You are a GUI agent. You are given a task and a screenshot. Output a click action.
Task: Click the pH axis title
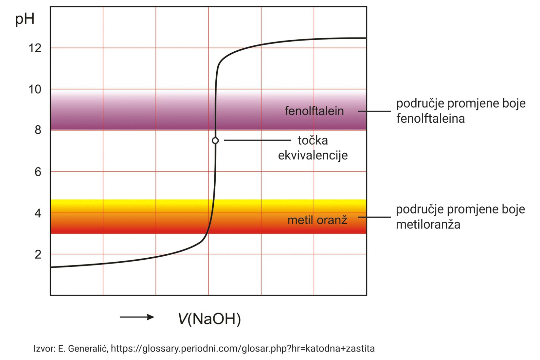tap(25, 19)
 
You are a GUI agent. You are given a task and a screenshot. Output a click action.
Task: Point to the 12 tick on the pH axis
tap(35, 48)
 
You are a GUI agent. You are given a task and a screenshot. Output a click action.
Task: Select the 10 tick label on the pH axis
tap(35, 89)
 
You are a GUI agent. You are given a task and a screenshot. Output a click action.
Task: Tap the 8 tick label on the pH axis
tap(38, 130)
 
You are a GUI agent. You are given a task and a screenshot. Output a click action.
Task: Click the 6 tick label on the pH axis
tap(38, 172)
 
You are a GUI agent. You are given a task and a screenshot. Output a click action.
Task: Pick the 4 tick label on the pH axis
tap(38, 213)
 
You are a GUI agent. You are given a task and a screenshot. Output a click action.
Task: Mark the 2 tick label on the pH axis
tap(38, 254)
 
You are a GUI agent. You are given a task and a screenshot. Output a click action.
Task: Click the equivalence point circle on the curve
tap(215, 141)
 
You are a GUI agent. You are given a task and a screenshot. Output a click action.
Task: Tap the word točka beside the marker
tap(313, 140)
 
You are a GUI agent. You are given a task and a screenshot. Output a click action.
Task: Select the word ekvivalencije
tap(313, 155)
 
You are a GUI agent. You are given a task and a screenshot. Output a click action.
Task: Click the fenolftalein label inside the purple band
tap(314, 111)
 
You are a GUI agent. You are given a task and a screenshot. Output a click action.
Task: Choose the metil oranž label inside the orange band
tap(317, 220)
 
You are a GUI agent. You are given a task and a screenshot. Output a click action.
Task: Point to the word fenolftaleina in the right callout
tap(430, 118)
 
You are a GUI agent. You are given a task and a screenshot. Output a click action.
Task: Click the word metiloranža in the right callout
tap(428, 225)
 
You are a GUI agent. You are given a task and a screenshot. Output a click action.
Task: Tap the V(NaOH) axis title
tap(209, 318)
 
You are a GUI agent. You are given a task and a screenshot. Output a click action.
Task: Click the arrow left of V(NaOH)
tap(137, 317)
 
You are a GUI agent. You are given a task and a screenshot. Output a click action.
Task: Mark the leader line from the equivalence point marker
tap(257, 140)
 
